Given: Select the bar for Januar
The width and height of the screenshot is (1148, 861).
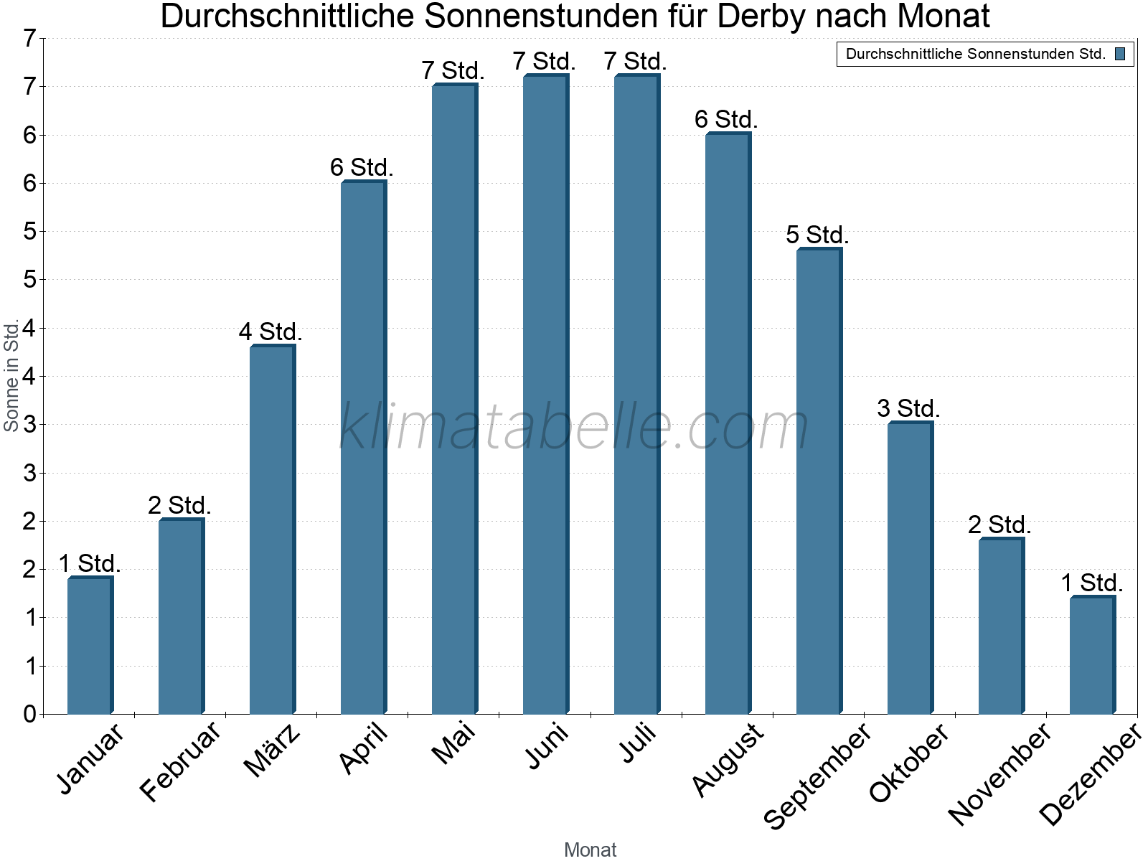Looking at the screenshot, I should pos(90,646).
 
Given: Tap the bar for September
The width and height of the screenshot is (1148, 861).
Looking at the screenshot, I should pos(819,481).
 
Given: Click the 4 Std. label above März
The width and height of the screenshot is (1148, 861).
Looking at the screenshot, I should pos(270,332).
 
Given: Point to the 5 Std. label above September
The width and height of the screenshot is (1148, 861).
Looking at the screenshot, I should pos(817,235).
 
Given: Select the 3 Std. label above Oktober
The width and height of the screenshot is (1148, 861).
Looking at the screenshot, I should pos(908,408).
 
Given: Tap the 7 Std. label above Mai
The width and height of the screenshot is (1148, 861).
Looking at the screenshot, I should pos(453,71).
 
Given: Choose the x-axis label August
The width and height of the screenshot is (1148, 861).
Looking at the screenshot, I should pos(728,759).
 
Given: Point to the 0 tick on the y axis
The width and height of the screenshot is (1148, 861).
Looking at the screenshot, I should pos(29,714).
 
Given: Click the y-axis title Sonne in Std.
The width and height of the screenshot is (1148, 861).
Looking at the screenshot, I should pos(11,375).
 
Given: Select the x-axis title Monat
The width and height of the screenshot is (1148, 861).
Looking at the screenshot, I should pos(590,850).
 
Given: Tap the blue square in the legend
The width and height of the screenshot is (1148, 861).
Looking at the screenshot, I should pos(1120,54).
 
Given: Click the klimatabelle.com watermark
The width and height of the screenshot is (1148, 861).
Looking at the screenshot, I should pos(574,427).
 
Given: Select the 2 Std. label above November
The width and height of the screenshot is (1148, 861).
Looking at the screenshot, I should pos(999,524).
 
